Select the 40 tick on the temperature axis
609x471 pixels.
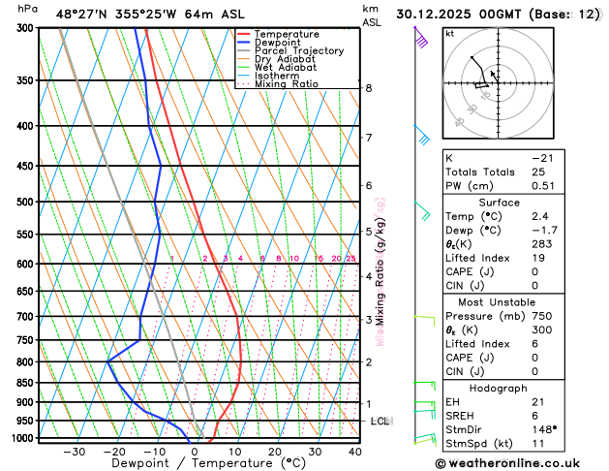coord(355,452)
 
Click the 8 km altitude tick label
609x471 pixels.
coord(369,88)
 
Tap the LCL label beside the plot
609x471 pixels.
coord(381,422)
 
